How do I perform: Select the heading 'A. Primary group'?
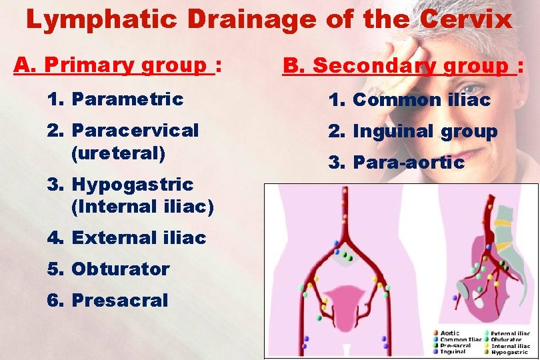pos(111,65)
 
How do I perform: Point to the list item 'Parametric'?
pos(127,99)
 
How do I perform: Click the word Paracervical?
pos(135,130)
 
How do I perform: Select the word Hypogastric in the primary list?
pos(132,184)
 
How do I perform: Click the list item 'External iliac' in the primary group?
pos(139,238)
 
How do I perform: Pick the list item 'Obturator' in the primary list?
pos(120,269)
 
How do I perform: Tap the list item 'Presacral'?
pos(119,301)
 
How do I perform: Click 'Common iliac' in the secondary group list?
pos(421,100)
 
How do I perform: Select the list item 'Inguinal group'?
pos(425,131)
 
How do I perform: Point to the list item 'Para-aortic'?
pos(408,162)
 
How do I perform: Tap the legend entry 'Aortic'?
pos(449,333)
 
